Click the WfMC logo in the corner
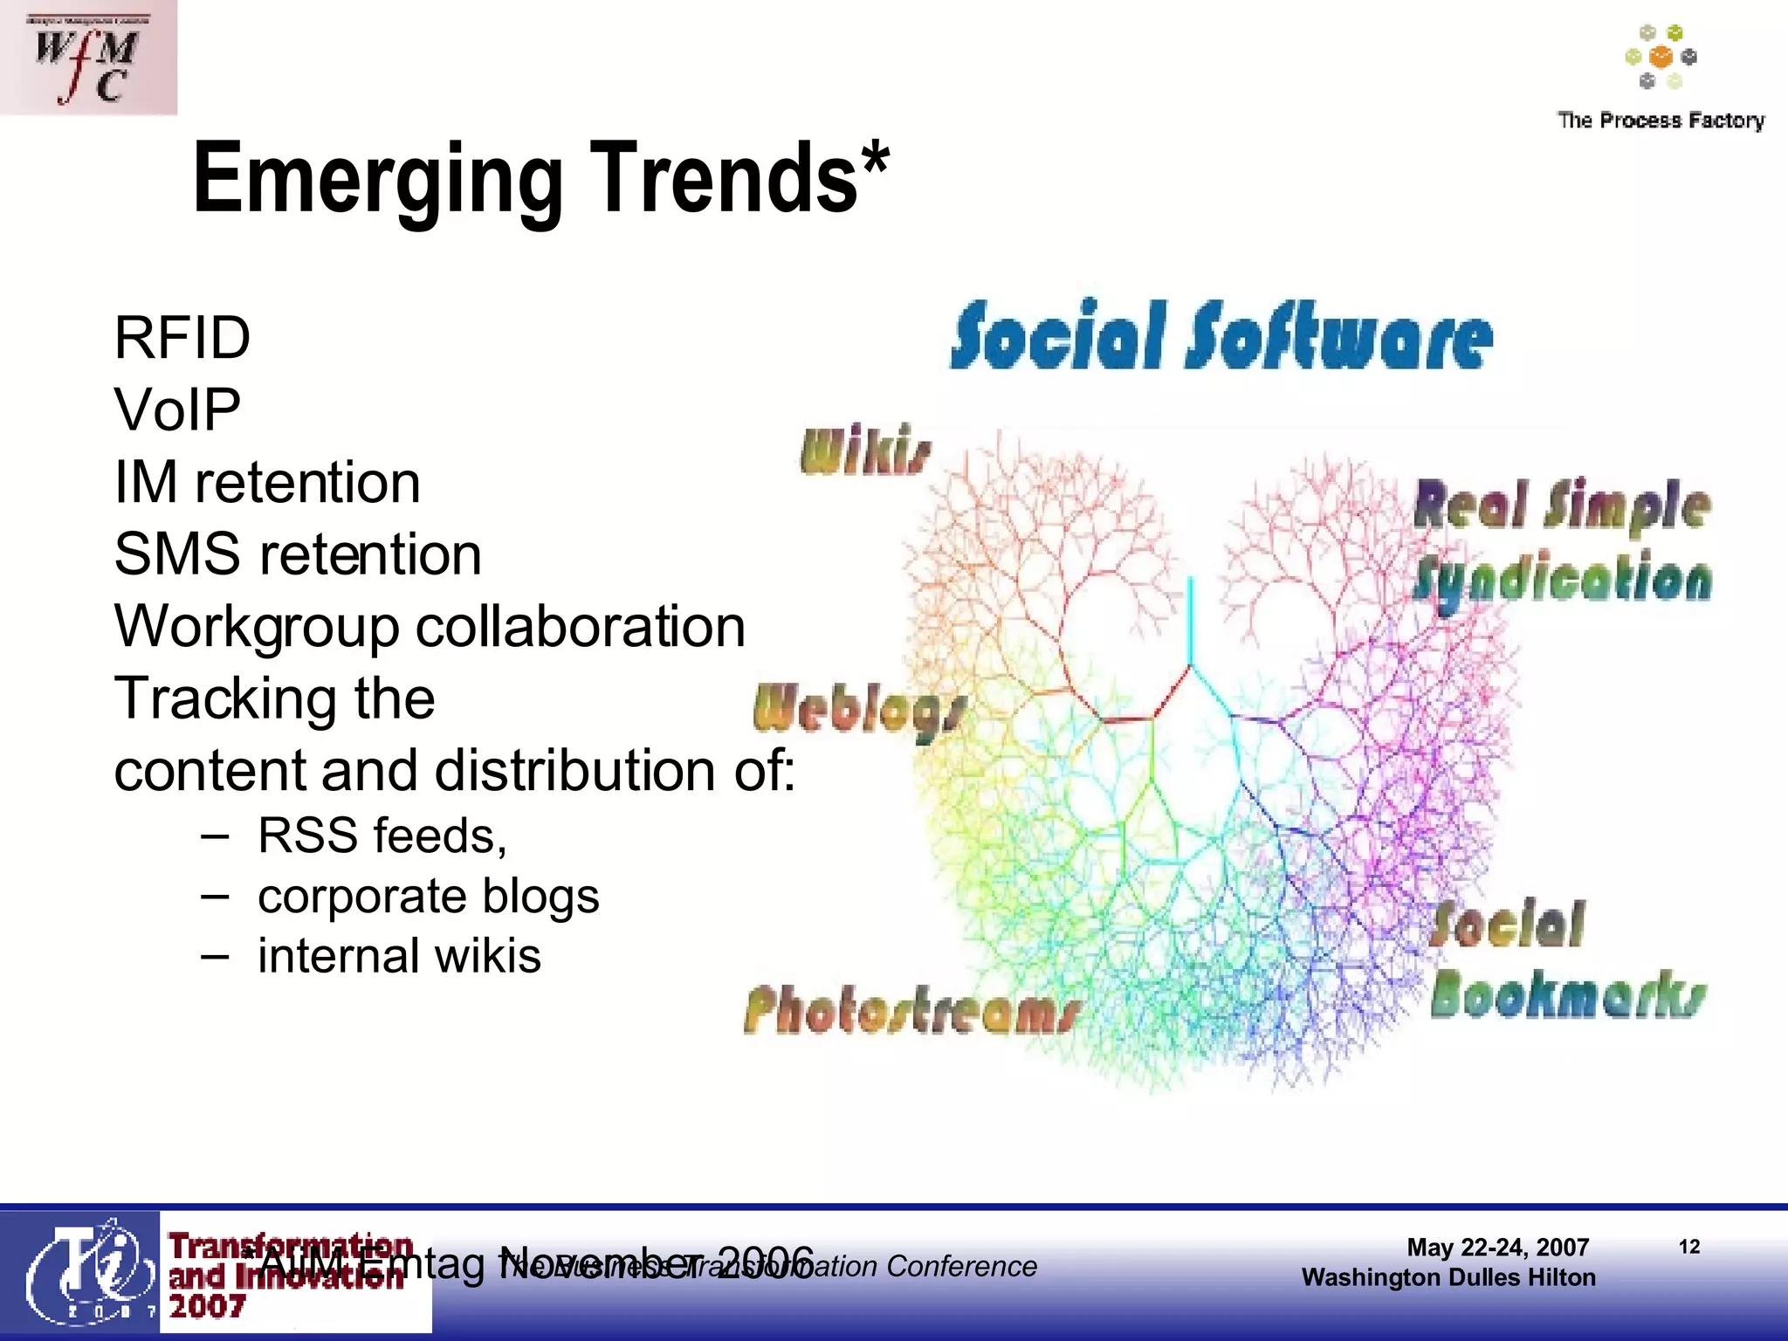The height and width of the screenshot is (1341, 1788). click(87, 58)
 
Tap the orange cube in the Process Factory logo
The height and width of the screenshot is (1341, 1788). click(1661, 58)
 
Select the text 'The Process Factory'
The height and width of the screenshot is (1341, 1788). click(1661, 120)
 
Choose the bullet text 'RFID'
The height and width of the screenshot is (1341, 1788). click(182, 338)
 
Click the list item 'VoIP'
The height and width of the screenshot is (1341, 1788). click(177, 409)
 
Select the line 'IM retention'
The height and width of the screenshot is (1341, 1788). click(267, 482)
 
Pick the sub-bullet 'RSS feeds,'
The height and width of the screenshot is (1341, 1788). click(382, 836)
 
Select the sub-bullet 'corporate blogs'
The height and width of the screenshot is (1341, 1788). click(428, 897)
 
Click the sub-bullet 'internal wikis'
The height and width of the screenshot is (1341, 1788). click(399, 955)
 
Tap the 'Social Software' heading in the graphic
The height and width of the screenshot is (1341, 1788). click(1221, 336)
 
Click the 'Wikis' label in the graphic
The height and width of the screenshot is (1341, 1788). click(866, 450)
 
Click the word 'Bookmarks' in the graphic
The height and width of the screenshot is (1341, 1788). click(1568, 995)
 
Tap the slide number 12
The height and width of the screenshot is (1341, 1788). click(1689, 1247)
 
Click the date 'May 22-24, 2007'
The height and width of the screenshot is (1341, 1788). click(1497, 1248)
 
